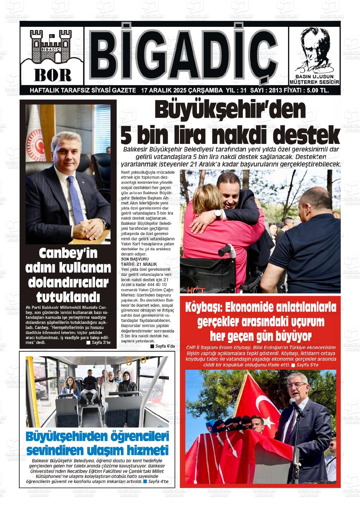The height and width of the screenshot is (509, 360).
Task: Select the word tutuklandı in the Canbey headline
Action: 68,296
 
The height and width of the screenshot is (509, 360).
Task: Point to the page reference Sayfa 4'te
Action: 158,482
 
